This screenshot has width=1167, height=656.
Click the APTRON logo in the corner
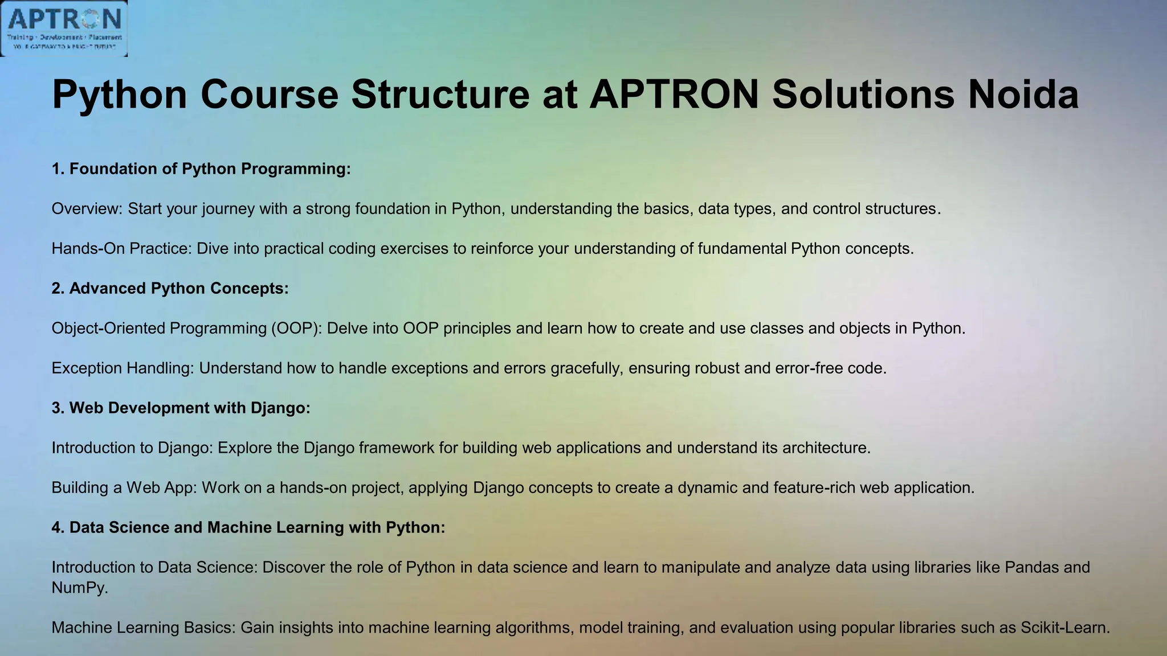(64, 28)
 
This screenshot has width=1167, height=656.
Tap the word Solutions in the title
(863, 94)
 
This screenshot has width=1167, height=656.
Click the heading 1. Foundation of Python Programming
(201, 169)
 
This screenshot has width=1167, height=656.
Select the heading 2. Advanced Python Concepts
(170, 289)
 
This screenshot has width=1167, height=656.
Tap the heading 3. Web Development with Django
(181, 408)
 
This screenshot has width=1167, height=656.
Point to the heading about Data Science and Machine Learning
(248, 528)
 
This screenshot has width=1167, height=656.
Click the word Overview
(86, 209)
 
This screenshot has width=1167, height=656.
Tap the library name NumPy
(78, 588)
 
